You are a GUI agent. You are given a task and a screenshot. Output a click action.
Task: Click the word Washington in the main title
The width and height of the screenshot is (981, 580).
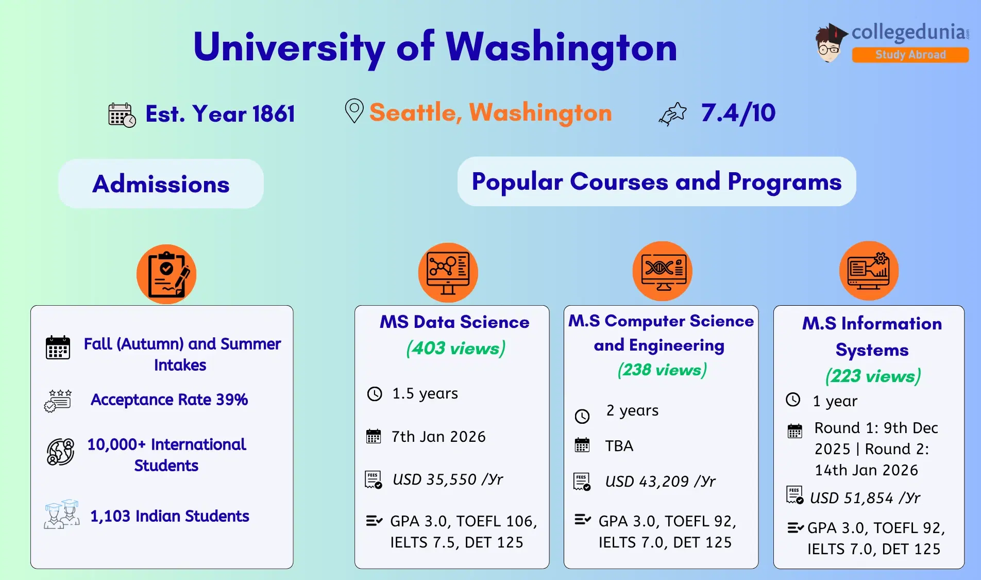click(561, 47)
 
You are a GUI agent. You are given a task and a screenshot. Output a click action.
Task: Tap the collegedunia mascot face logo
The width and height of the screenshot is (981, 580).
click(830, 43)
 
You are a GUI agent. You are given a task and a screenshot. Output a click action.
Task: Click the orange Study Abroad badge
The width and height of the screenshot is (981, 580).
click(910, 55)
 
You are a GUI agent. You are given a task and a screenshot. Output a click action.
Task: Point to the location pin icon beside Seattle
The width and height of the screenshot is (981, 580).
click(354, 111)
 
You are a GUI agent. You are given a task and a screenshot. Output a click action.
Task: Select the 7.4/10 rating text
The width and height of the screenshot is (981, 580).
click(738, 113)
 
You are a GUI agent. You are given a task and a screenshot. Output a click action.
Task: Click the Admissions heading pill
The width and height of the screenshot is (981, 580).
click(161, 184)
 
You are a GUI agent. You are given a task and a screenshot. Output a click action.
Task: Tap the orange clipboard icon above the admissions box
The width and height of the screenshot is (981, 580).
click(166, 274)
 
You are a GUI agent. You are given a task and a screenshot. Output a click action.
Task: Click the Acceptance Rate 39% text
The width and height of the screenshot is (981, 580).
click(170, 400)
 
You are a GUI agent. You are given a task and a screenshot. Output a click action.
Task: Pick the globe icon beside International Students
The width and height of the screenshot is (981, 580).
click(61, 452)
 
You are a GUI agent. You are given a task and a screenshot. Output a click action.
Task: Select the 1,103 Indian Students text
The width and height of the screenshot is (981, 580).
click(170, 516)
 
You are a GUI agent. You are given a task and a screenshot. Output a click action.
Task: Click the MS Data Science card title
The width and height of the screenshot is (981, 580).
click(454, 322)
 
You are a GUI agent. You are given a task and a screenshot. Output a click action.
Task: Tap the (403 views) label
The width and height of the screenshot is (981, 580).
click(456, 348)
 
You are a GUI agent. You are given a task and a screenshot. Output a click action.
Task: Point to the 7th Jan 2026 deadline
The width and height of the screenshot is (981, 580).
click(438, 437)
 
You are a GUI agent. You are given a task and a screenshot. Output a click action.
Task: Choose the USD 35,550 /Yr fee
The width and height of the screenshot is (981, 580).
click(448, 479)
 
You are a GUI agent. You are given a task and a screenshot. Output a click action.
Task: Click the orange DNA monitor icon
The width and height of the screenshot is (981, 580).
click(662, 271)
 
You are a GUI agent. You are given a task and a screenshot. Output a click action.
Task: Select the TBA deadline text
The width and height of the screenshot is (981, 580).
click(619, 446)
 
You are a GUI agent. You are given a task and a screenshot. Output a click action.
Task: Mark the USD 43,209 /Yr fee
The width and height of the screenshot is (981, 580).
click(661, 482)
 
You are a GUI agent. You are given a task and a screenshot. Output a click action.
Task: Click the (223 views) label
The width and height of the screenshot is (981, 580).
click(873, 376)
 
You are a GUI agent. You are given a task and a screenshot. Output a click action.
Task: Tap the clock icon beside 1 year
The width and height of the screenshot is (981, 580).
click(793, 400)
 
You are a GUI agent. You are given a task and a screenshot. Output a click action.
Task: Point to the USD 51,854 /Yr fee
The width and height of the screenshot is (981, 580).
click(865, 498)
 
